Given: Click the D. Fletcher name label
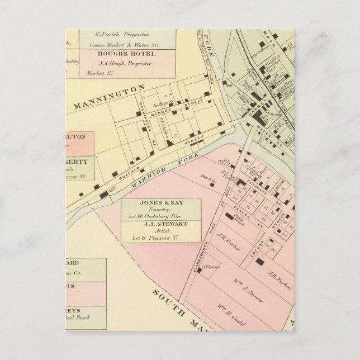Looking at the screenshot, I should [208, 267].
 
